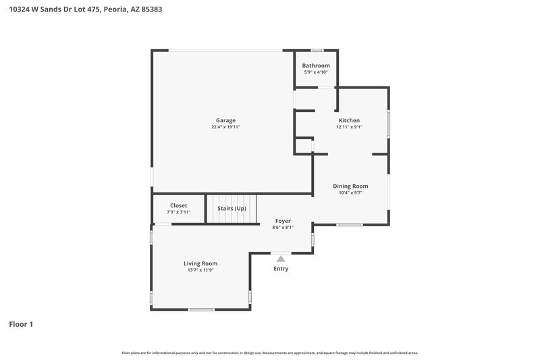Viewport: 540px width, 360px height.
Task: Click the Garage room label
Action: (x=225, y=120)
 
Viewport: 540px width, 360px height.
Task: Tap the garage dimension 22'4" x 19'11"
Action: (x=225, y=127)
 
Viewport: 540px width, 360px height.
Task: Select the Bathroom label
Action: (x=316, y=66)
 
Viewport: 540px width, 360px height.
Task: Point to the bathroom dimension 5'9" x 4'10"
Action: (x=316, y=72)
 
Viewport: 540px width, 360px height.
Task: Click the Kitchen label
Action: (x=349, y=120)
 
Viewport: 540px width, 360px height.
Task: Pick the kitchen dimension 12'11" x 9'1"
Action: (x=349, y=127)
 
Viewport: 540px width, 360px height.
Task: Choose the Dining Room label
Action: (x=350, y=186)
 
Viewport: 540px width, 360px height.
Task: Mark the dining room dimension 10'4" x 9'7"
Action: (x=350, y=192)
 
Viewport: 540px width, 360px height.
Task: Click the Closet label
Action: (x=179, y=205)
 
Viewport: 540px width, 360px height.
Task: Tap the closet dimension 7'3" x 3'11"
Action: (x=179, y=212)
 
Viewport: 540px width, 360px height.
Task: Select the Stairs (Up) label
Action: (x=232, y=208)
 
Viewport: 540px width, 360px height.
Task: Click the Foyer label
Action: (x=283, y=221)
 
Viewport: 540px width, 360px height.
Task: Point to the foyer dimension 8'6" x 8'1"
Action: (x=283, y=228)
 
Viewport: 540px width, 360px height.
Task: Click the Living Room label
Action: (x=200, y=263)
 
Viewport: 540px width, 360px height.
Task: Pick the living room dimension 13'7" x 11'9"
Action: (x=200, y=270)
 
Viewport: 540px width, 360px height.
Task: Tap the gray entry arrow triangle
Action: (x=281, y=258)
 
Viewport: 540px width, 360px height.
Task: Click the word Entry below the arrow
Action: (x=281, y=269)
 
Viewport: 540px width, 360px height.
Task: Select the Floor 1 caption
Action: (x=21, y=324)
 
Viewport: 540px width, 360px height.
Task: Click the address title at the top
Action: (x=85, y=9)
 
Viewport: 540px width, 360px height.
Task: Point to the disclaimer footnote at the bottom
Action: (x=270, y=353)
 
